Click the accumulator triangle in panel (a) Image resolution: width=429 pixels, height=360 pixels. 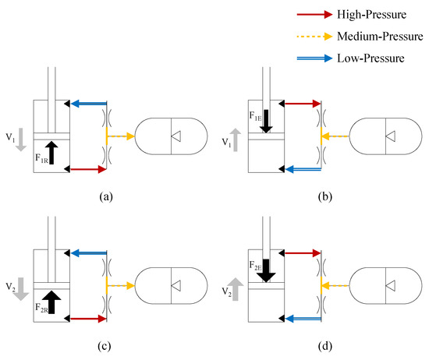coord(177,136)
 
